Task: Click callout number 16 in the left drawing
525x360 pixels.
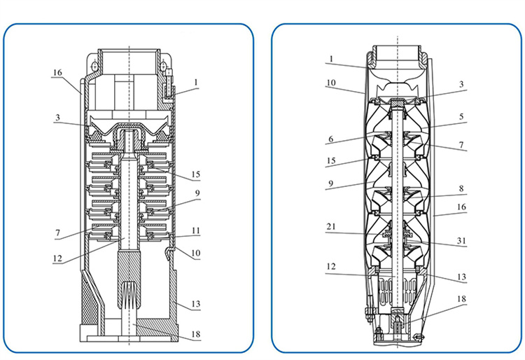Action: [57, 72]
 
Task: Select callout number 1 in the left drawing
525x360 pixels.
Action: [196, 83]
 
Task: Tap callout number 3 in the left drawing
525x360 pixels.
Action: [57, 117]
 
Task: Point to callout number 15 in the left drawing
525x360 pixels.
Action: [195, 174]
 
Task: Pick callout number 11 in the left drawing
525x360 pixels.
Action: [196, 230]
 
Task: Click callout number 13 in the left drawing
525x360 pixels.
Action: [195, 304]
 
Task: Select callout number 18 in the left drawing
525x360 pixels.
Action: [195, 334]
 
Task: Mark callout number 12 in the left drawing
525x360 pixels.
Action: [57, 258]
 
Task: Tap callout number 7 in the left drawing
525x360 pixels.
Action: [57, 233]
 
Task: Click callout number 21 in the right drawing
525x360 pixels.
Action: [331, 227]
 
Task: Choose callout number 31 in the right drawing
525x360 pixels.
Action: [461, 240]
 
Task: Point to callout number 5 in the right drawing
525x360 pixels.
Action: [461, 116]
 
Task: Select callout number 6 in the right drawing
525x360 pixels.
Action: [331, 139]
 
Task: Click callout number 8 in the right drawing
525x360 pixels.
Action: [461, 188]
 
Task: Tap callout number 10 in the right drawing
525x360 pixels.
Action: [331, 83]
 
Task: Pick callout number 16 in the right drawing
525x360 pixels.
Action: [461, 207]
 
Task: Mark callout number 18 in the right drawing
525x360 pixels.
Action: [461, 299]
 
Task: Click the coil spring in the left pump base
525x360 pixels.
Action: [129, 295]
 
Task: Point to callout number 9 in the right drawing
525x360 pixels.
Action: [331, 184]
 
